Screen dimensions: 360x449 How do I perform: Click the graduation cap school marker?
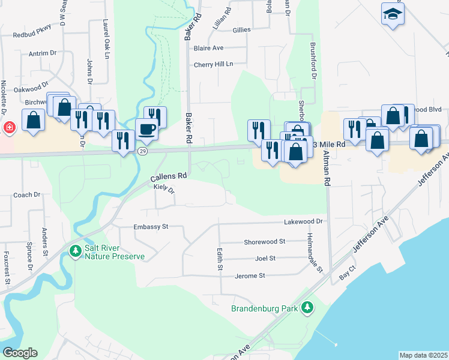tap(393, 14)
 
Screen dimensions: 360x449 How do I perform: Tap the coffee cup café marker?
tap(146, 128)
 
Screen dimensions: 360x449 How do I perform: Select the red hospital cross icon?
tap(9, 128)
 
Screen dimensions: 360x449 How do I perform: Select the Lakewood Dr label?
tap(304, 221)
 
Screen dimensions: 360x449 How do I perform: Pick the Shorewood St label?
tap(264, 241)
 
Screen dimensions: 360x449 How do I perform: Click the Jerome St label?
tap(250, 275)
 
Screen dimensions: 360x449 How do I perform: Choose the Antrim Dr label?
tap(43, 53)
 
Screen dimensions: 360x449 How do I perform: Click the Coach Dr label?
tap(26, 194)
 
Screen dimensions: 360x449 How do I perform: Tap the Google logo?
tap(20, 353)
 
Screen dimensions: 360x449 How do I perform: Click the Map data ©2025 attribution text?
tap(423, 355)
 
